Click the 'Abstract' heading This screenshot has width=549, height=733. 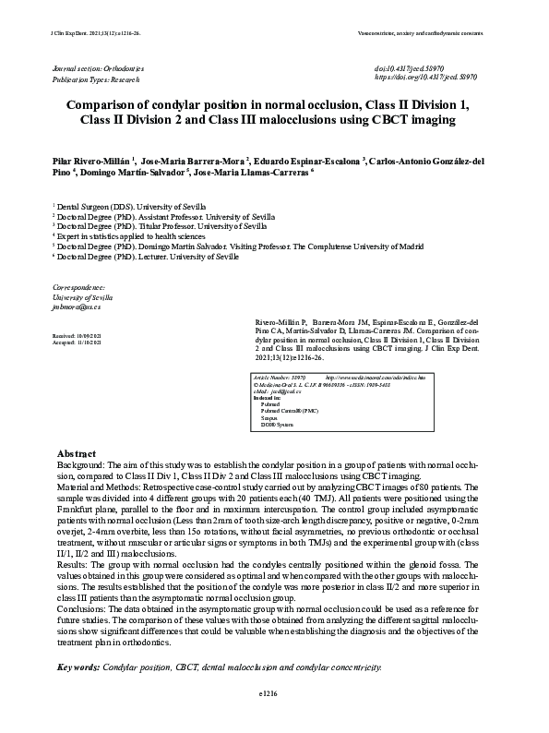point(77,454)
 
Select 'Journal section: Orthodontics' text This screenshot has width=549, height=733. point(100,69)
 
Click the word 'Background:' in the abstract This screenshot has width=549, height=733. point(79,467)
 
